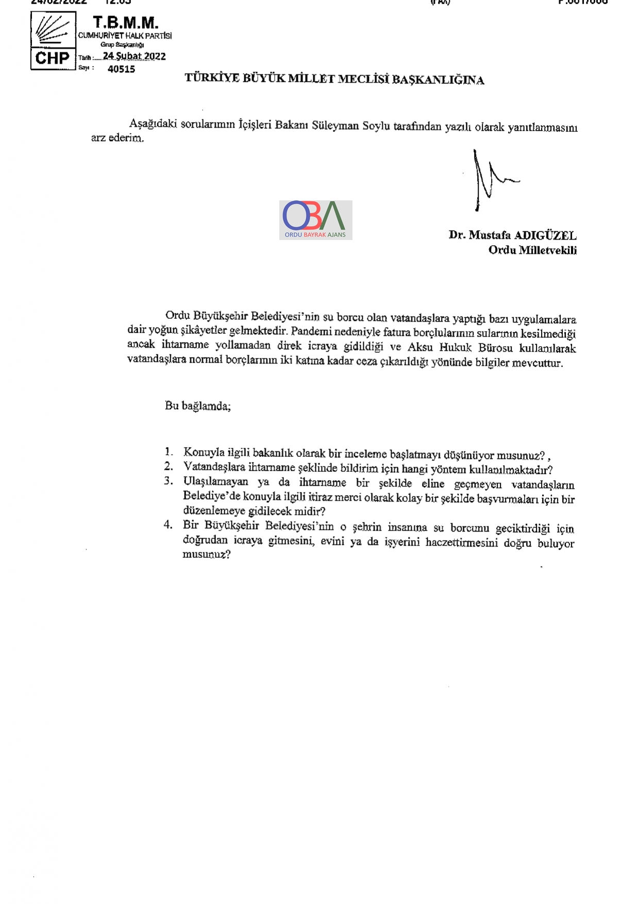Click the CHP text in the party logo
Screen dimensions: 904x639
click(x=52, y=58)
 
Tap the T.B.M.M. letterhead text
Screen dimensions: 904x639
click(x=125, y=23)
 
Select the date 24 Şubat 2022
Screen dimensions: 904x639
click(x=134, y=56)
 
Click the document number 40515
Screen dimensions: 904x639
click(x=122, y=69)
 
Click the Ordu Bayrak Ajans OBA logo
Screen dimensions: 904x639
click(x=315, y=220)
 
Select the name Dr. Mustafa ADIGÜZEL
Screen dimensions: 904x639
click(x=512, y=235)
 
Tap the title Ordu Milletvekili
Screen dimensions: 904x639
click(x=532, y=250)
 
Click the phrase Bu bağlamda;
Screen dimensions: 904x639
click(x=198, y=406)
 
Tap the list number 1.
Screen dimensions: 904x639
click(x=169, y=452)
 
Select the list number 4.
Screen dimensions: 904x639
click(x=168, y=525)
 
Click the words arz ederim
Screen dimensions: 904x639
click(x=117, y=138)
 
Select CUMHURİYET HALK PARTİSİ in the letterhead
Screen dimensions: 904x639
click(x=125, y=36)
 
